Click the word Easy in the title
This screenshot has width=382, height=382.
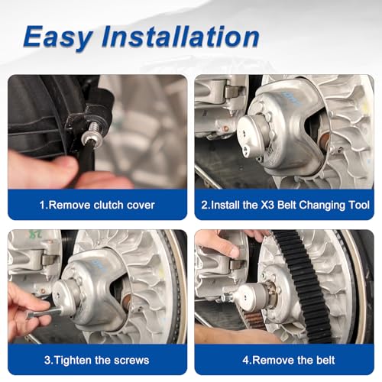coord(58,37)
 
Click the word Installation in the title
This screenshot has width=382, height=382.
coord(180,37)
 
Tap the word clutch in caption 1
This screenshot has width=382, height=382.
coord(108,205)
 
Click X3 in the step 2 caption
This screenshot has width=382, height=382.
coord(267,205)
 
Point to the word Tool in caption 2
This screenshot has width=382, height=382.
coord(360,205)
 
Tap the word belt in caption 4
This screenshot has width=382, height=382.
coord(325,360)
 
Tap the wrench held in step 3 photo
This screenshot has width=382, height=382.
coord(44,312)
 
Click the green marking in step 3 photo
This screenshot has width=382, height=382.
coord(35,234)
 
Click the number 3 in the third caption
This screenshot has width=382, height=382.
coord(47,361)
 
